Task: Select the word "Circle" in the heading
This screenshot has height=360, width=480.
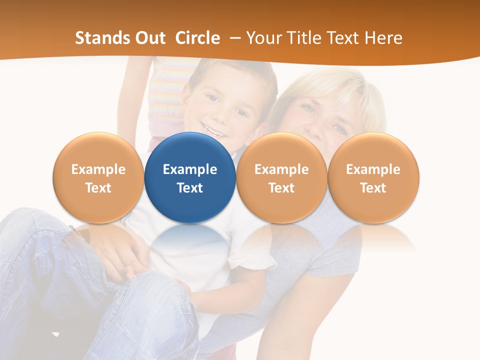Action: click(x=197, y=38)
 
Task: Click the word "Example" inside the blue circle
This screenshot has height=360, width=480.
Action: click(x=190, y=169)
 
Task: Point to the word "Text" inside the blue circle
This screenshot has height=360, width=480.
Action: click(x=190, y=188)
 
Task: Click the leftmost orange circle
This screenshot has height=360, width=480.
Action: click(x=98, y=178)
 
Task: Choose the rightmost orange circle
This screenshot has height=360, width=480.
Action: click(x=373, y=178)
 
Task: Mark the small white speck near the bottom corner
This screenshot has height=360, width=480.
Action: click(x=55, y=333)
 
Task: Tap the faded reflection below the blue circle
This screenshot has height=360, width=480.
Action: click(x=190, y=245)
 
